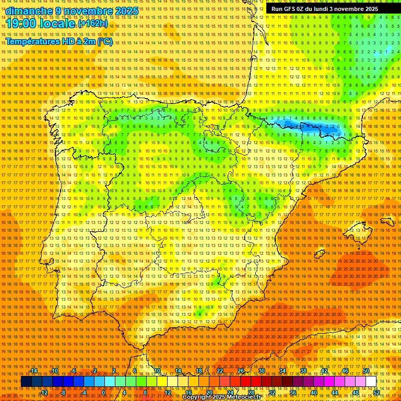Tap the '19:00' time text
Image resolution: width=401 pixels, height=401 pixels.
pos(21,24)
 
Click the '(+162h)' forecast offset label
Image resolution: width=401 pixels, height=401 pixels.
pos(93,23)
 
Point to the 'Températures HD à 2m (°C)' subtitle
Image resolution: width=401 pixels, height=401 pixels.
pos(58,42)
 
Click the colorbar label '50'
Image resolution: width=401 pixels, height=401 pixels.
pos(365,371)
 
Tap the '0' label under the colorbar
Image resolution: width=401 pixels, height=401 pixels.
pos(103,392)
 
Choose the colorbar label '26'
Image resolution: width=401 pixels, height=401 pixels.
pos(240,371)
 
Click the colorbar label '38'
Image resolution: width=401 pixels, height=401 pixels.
pos(303,371)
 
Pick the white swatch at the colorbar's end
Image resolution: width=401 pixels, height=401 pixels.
pos(371,382)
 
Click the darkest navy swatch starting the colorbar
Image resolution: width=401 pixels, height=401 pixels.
pos(27,382)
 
